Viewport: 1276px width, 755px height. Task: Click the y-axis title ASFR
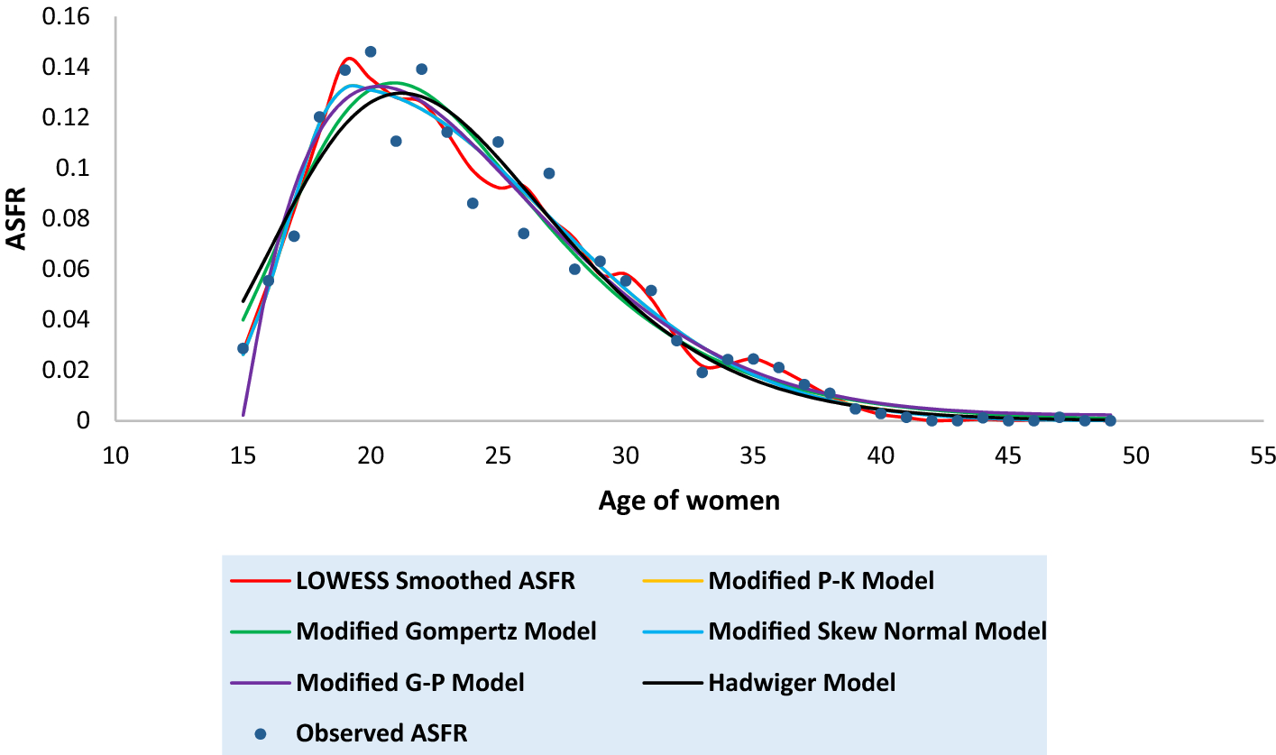[18, 217]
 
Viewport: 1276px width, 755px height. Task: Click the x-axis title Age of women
[689, 501]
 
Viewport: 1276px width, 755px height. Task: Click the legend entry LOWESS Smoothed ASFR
[435, 580]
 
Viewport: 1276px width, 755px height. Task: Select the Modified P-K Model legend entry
[821, 580]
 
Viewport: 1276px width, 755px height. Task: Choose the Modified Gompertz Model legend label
[445, 631]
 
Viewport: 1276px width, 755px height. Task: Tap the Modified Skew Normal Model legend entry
[877, 631]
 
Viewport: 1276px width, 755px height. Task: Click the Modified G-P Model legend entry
[410, 683]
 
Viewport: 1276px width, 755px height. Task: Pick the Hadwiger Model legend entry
[802, 683]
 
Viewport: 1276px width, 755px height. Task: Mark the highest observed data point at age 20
[371, 52]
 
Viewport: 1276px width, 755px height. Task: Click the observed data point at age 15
[243, 348]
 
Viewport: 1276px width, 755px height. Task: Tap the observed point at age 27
[549, 173]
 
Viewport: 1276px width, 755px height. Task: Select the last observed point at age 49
[1110, 420]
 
